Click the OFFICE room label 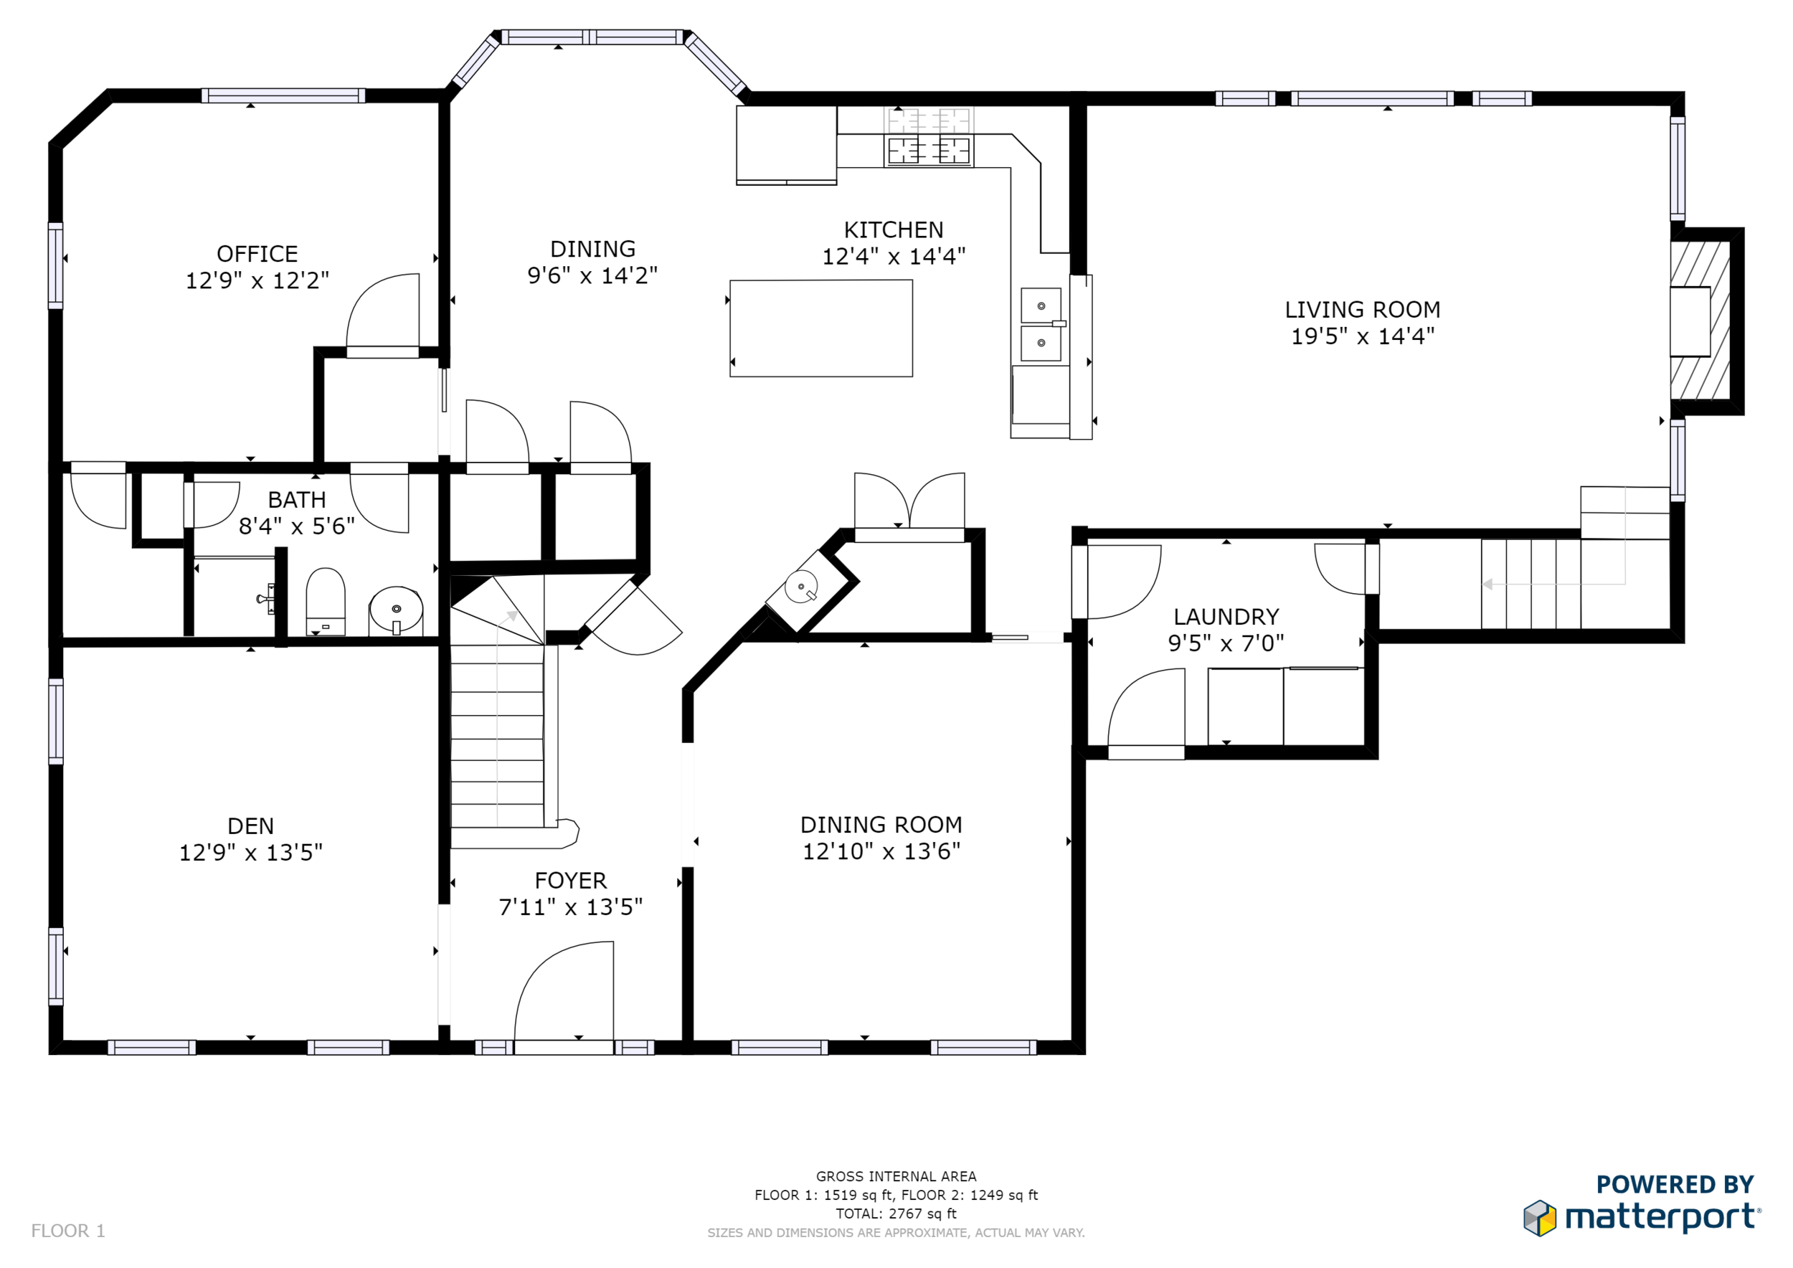coord(257,254)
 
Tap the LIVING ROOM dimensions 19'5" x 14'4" coord(1363,336)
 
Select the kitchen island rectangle coord(820,328)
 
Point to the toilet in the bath coord(326,601)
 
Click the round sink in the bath coord(396,610)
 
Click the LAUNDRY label coord(1226,617)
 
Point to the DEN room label coord(251,826)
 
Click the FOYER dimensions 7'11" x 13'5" coord(571,907)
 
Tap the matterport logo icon coord(1540,1219)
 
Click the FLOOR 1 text coord(68,1231)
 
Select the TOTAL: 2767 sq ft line coord(896,1214)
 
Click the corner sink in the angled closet coord(801,587)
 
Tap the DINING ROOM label coord(881,825)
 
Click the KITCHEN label coord(894,230)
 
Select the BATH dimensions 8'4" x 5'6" coord(297,526)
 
